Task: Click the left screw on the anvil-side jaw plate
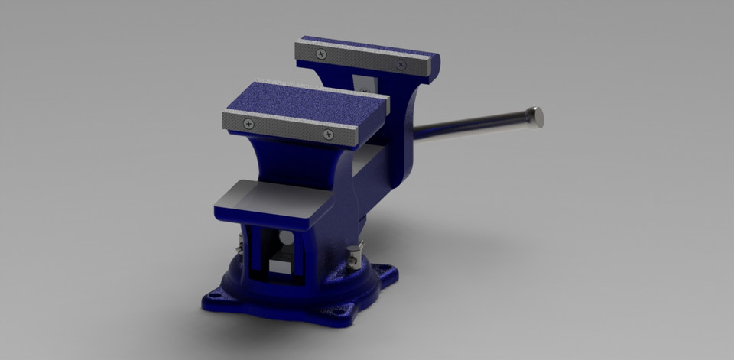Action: (248, 123)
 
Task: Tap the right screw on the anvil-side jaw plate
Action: (328, 135)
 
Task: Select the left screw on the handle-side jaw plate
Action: (321, 54)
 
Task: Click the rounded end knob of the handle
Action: (537, 116)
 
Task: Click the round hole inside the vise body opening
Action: (285, 239)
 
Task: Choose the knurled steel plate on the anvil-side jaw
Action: (291, 129)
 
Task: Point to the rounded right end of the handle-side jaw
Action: (432, 65)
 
